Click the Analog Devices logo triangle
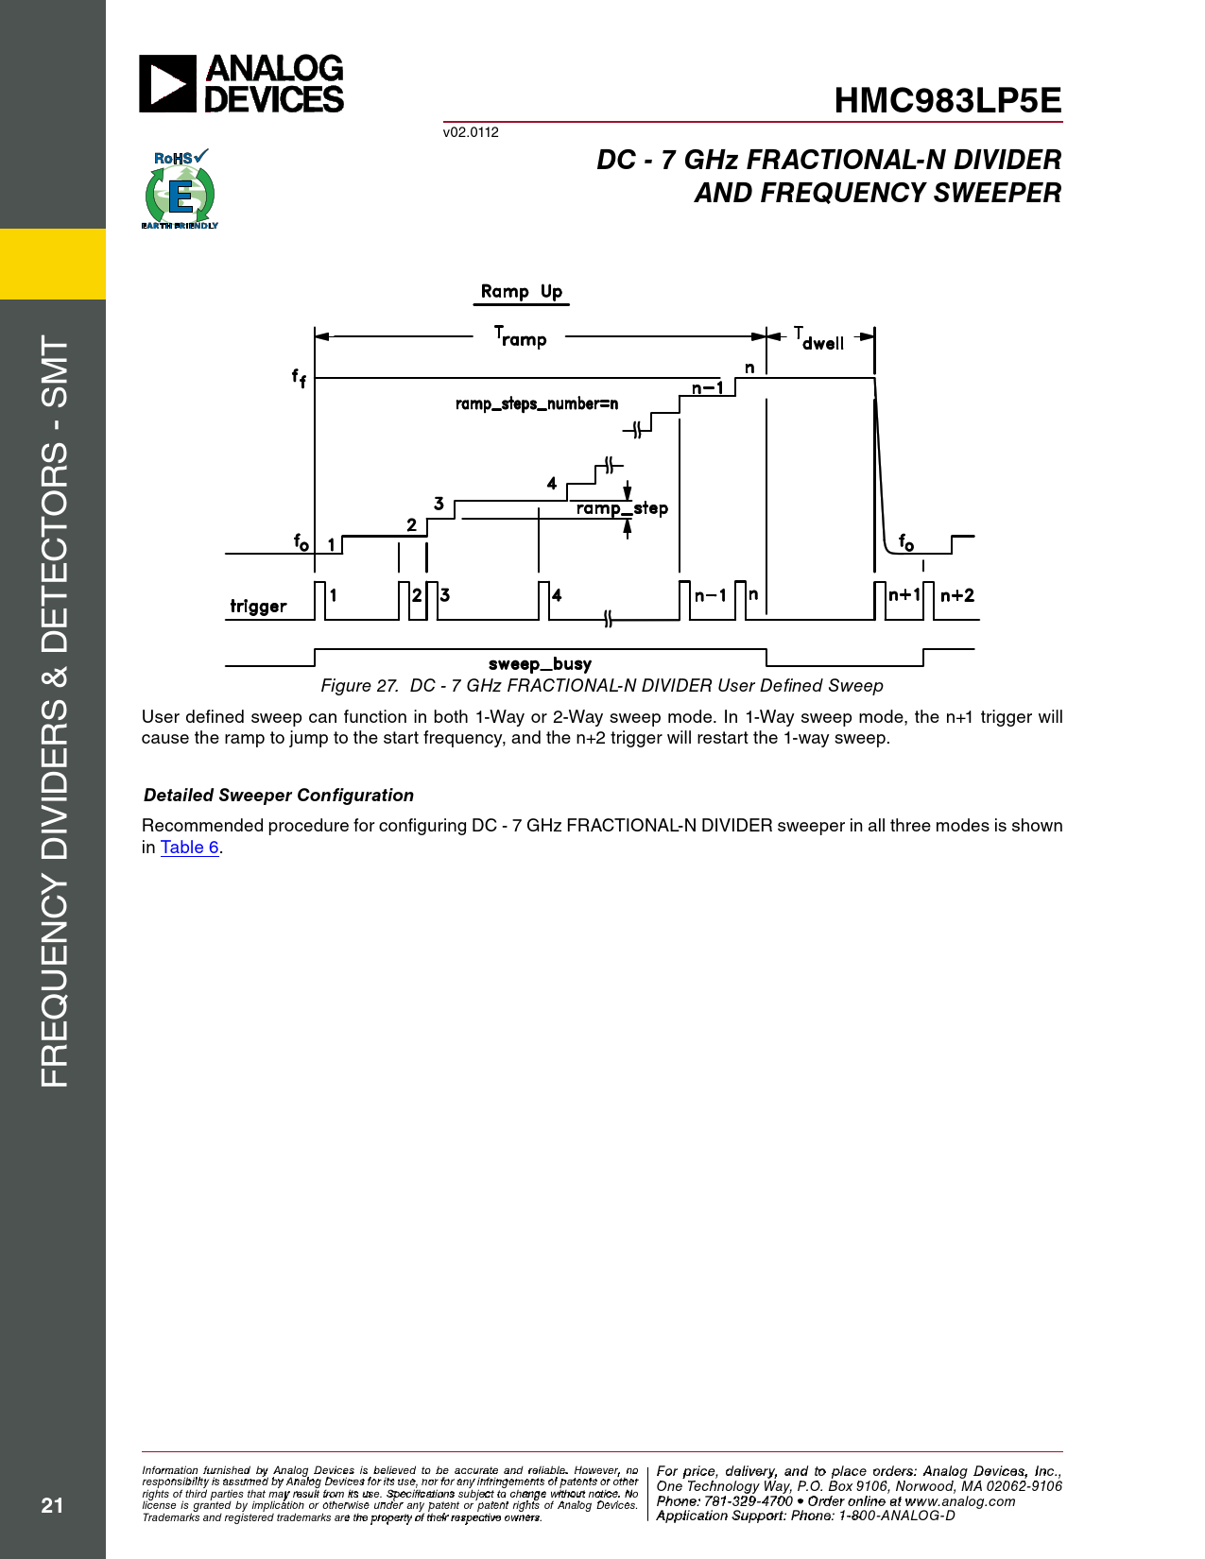click(x=167, y=84)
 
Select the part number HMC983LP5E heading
click(x=947, y=101)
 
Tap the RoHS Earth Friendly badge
click(x=180, y=189)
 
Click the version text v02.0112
click(x=471, y=132)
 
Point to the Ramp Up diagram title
click(x=521, y=292)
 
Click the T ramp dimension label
click(x=521, y=336)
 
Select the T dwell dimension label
click(x=818, y=338)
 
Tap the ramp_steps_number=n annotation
click(x=536, y=404)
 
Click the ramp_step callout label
click(x=622, y=508)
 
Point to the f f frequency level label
click(x=299, y=378)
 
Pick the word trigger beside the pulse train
click(x=258, y=606)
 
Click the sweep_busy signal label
click(x=540, y=664)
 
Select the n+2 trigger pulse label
click(x=956, y=595)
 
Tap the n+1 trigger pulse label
click(x=904, y=594)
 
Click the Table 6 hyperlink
click(x=190, y=848)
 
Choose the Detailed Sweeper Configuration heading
click(x=279, y=796)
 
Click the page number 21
click(x=52, y=1505)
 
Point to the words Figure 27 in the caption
click(x=359, y=686)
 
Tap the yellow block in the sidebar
click(x=53, y=264)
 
